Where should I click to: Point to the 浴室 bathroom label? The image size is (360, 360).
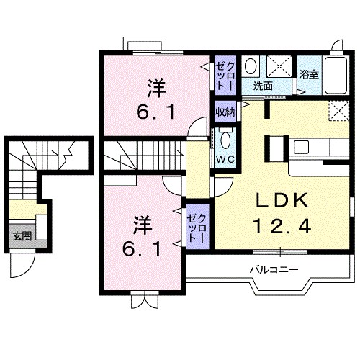pos(309,74)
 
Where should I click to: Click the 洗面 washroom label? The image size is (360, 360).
pos(263,86)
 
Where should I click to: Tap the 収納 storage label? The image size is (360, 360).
pos(225,112)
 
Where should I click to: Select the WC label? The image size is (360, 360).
pos(224,158)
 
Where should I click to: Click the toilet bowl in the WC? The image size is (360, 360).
pos(224,139)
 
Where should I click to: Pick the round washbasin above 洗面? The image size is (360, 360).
pos(251,66)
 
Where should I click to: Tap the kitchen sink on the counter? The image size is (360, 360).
pos(300,148)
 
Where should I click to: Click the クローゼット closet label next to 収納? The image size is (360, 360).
pos(223,73)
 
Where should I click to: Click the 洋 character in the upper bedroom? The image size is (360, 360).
pos(158,88)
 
